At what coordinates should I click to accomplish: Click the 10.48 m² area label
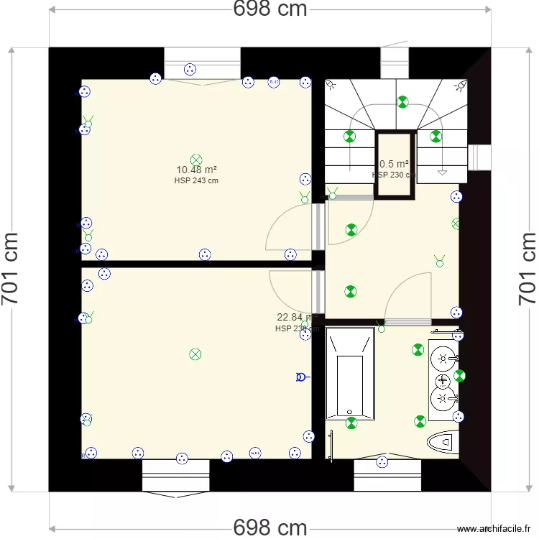click(x=196, y=170)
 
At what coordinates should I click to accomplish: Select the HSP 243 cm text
click(x=196, y=181)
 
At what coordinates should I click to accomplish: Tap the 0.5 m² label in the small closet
click(x=394, y=164)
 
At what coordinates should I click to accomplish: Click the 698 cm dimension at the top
click(x=270, y=9)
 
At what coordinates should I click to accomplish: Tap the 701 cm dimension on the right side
click(x=528, y=269)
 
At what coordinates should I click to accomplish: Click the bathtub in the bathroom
click(x=350, y=374)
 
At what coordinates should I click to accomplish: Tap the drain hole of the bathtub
click(x=351, y=412)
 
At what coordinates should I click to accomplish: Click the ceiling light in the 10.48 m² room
click(x=196, y=160)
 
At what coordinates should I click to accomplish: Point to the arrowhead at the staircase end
click(x=442, y=172)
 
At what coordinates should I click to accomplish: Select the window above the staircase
click(x=395, y=63)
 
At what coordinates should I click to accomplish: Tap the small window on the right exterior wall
click(x=480, y=156)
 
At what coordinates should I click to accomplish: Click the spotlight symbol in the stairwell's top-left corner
click(x=331, y=85)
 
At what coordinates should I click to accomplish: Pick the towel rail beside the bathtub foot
click(x=331, y=446)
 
